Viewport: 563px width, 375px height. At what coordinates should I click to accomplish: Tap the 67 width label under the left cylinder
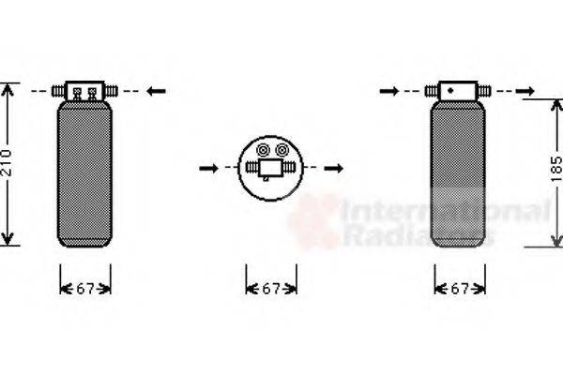point(85,289)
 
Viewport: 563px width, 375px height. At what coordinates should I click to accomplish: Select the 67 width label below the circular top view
point(272,289)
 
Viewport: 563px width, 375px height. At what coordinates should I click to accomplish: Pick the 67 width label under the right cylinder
point(460,289)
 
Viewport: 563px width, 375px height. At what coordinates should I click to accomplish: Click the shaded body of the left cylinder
point(84,173)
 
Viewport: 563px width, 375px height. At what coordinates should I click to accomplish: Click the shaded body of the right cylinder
point(460,173)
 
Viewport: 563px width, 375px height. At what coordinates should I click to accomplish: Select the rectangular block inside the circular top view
point(272,168)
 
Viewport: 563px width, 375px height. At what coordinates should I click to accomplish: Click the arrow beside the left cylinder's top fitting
point(157,90)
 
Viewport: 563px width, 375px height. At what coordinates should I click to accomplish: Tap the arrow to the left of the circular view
point(209,168)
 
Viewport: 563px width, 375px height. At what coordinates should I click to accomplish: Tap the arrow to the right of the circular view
point(335,168)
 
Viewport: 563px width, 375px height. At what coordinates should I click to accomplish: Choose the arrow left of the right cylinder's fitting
point(388,90)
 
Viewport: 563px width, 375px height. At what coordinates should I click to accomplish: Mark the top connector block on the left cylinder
point(84,90)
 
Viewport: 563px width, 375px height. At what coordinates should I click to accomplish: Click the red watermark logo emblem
point(312,223)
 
